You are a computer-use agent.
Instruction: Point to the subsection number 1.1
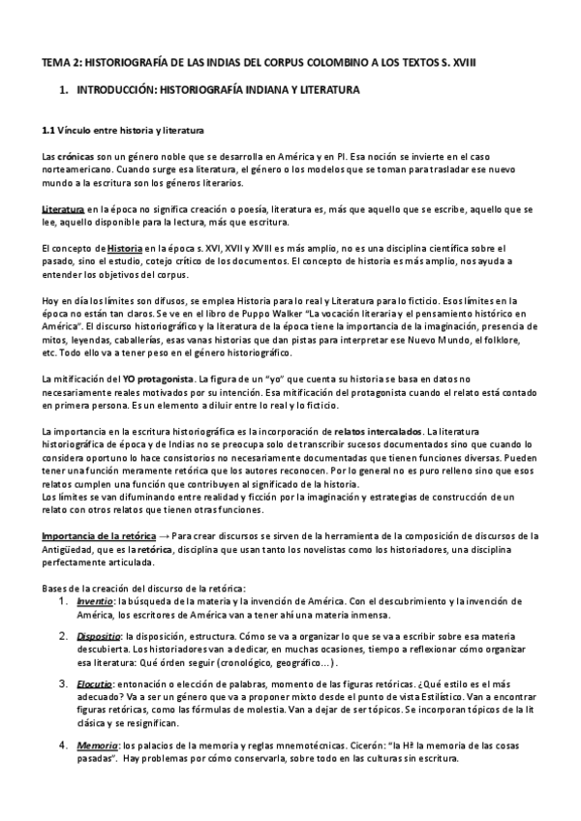50,130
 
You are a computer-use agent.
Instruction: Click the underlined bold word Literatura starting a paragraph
62,208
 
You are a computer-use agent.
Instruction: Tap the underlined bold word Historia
125,249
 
